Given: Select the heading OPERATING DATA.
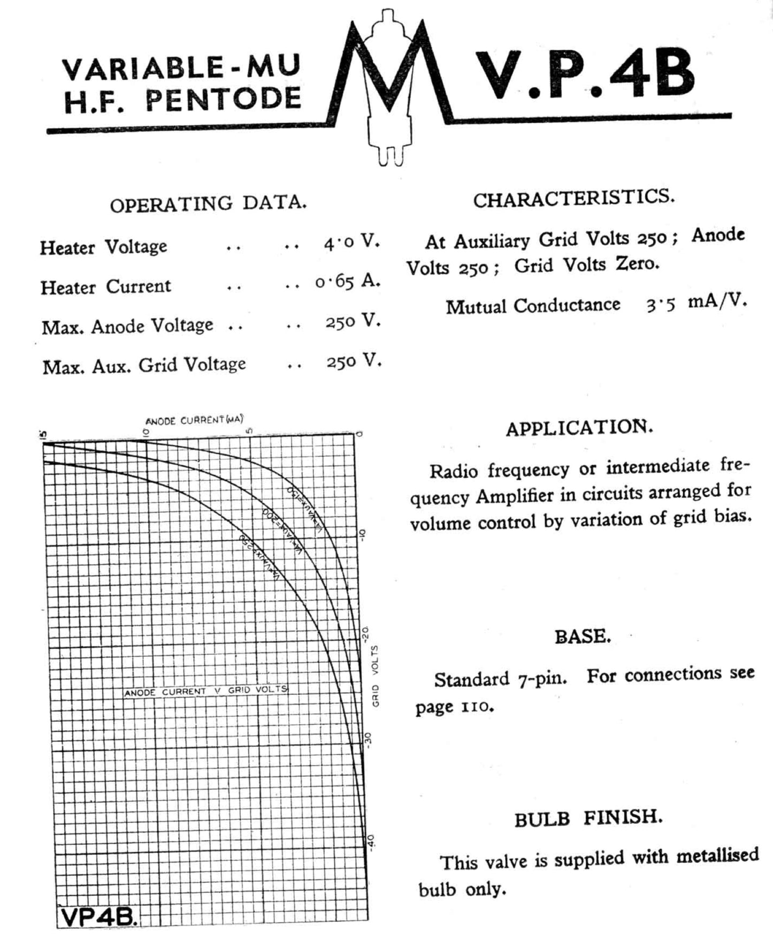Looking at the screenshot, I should tap(208, 204).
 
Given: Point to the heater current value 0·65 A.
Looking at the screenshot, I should tap(347, 281).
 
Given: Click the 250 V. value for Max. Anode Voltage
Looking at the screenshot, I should tap(353, 322).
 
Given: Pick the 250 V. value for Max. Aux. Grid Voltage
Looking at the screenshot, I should tap(354, 362).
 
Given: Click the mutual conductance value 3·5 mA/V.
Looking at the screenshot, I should tap(695, 303).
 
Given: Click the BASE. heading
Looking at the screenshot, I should tap(582, 637).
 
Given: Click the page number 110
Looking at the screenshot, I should tap(475, 707).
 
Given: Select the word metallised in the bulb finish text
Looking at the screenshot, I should tap(717, 855).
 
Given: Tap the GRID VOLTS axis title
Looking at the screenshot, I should tap(376, 676).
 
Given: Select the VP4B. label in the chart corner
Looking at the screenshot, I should tap(99, 917).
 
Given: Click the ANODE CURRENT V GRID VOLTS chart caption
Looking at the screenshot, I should tap(206, 691).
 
